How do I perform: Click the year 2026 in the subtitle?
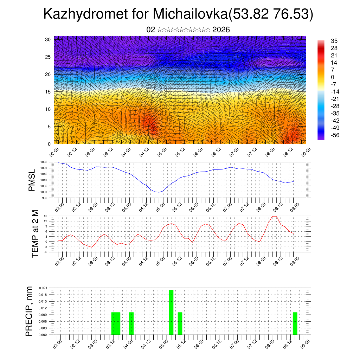pyautogui.click(x=221, y=30)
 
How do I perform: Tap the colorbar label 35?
pyautogui.click(x=334, y=41)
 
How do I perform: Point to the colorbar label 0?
pyautogui.click(x=333, y=77)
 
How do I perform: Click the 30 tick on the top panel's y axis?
pyautogui.click(x=48, y=39)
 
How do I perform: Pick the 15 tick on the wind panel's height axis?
pyautogui.click(x=48, y=92)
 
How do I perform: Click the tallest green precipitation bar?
pyautogui.click(x=171, y=312)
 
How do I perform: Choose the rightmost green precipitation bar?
pyautogui.click(x=295, y=323)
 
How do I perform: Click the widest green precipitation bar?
pyautogui.click(x=116, y=323)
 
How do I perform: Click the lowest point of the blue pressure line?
pyautogui.click(x=159, y=192)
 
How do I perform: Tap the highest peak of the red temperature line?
pyautogui.click(x=274, y=216)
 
